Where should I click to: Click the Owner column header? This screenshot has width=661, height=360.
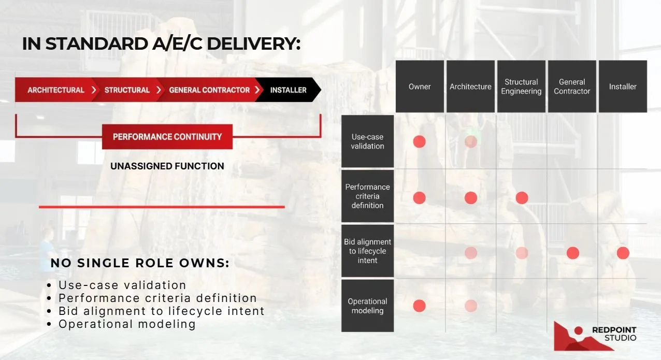[x=420, y=87]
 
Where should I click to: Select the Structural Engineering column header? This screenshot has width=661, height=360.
[x=521, y=87]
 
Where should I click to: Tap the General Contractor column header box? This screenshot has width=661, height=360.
[x=572, y=87]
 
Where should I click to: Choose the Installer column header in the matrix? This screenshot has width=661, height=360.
[x=623, y=87]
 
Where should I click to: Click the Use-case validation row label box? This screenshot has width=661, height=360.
[x=367, y=141]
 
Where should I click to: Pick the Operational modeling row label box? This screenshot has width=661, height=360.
[x=367, y=306]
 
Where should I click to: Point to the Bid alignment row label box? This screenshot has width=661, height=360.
[x=367, y=251]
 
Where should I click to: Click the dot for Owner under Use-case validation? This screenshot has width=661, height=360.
[x=420, y=141]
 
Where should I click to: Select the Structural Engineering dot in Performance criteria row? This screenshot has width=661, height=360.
[x=522, y=197]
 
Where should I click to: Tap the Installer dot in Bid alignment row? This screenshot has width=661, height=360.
[x=623, y=253]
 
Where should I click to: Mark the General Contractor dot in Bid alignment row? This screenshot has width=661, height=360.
[x=572, y=253]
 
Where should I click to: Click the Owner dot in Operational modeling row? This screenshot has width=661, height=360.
[x=420, y=306]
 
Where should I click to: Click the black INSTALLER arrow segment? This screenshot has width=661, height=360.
[x=289, y=90]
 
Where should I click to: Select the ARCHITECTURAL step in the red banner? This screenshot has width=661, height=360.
[x=56, y=90]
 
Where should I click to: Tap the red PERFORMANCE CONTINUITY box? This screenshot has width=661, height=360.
[x=167, y=137]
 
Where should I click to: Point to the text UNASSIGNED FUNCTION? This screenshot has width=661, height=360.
[x=167, y=166]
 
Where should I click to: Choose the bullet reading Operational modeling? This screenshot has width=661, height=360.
[x=127, y=324]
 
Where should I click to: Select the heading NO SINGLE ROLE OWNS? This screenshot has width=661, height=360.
[x=140, y=263]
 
